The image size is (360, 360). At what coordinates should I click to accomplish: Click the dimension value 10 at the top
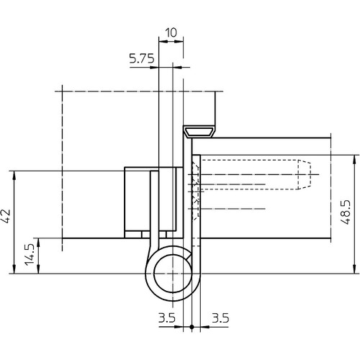click(x=171, y=32)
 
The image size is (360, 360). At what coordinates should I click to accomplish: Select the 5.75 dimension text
click(x=142, y=58)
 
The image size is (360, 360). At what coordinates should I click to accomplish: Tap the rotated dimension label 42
click(x=6, y=217)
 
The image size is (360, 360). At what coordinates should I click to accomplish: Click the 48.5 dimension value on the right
click(x=346, y=212)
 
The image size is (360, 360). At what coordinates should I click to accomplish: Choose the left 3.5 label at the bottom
click(x=167, y=318)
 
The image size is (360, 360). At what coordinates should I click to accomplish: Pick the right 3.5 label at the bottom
click(x=220, y=318)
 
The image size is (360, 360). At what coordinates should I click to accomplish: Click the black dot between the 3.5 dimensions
click(x=192, y=327)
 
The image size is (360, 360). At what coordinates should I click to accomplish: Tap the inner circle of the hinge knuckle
click(x=173, y=274)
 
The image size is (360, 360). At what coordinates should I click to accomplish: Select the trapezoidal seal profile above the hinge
click(x=198, y=132)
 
